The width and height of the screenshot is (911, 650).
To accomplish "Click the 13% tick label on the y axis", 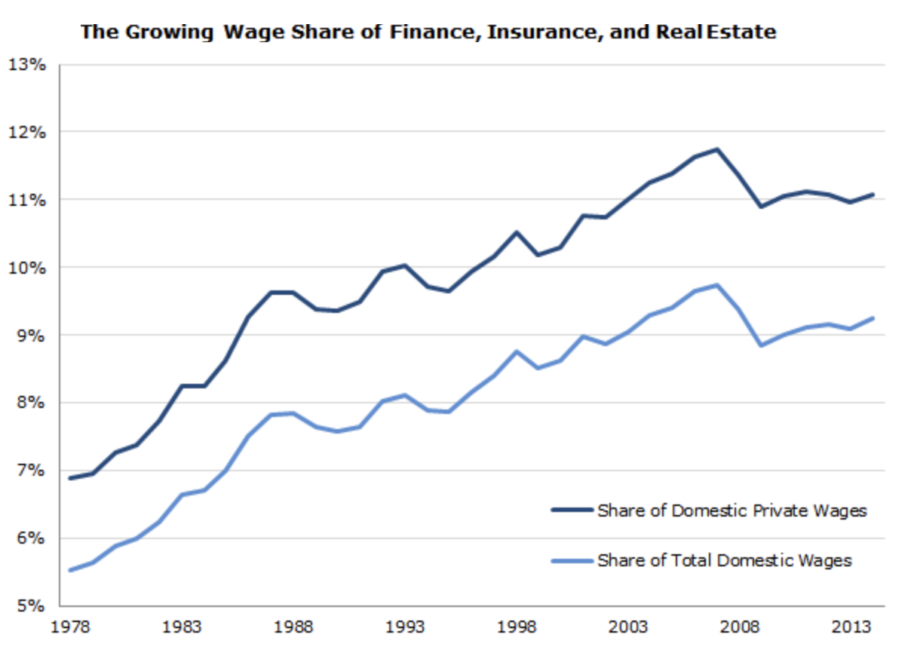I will [x=27, y=64].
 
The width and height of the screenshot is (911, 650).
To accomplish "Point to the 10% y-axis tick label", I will [x=27, y=268].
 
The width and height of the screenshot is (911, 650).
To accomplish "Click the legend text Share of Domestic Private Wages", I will [x=732, y=510].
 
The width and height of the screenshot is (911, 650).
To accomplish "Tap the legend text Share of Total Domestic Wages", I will [x=724, y=560].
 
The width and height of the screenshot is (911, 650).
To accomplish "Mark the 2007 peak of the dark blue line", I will [x=717, y=149].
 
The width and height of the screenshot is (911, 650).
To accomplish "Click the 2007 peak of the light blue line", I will [x=717, y=285].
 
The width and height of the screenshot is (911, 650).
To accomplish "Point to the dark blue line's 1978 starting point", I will [x=69, y=478].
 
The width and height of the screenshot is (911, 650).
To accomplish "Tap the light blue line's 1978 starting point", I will [x=69, y=570].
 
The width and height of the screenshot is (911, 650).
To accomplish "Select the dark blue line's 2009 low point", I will [x=762, y=207].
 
